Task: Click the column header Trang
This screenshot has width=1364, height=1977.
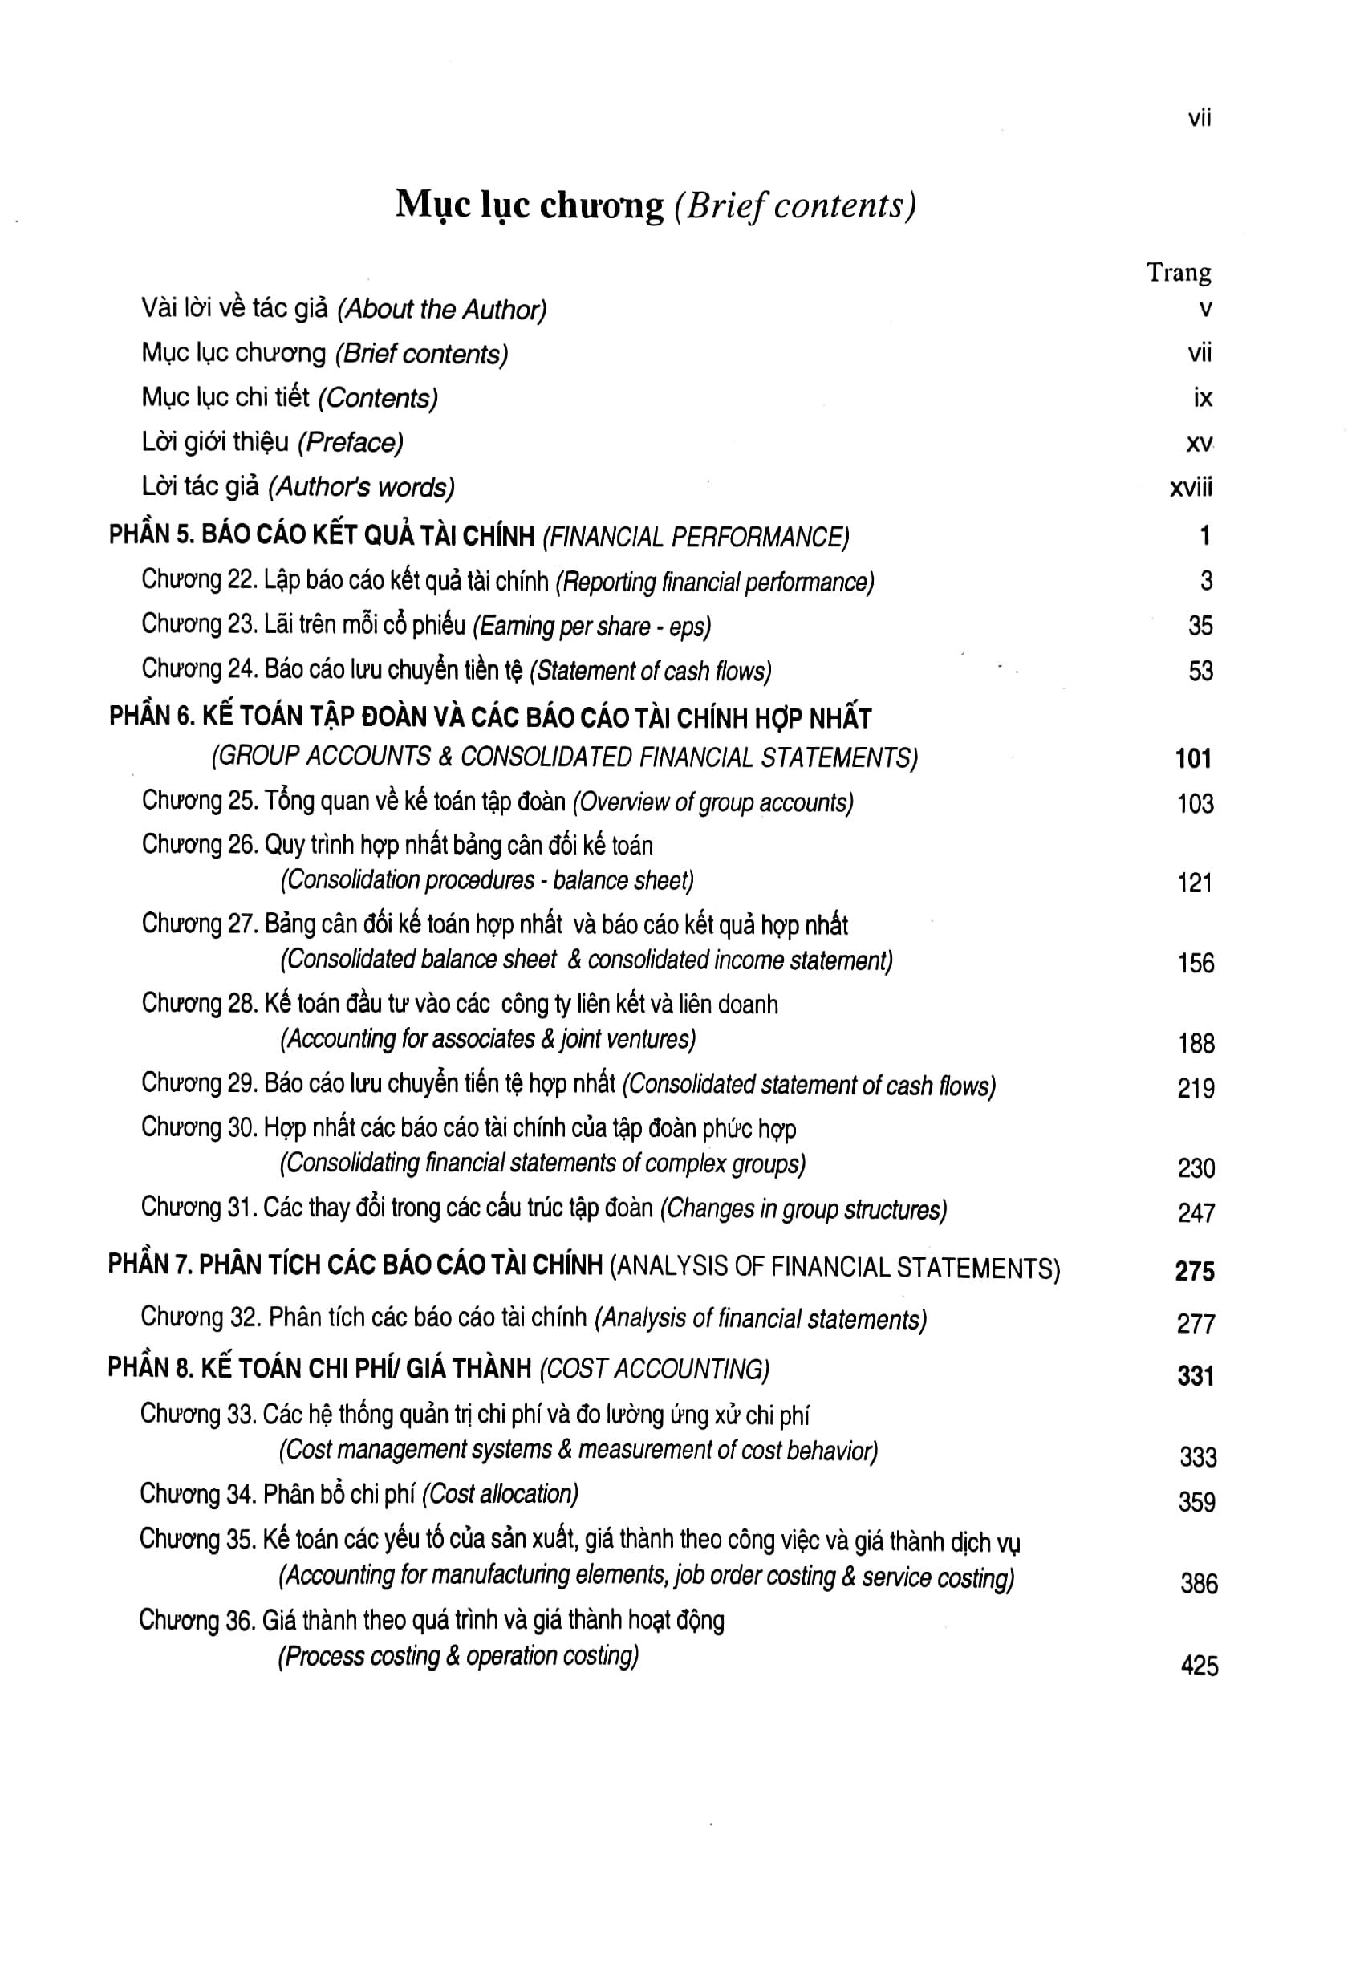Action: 1179,273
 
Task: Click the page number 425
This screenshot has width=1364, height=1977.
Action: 1199,1665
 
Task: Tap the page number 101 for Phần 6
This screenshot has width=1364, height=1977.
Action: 1193,758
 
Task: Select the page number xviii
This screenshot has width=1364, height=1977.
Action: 1191,487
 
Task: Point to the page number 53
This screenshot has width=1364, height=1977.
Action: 1200,671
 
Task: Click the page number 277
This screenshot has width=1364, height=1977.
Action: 1196,1324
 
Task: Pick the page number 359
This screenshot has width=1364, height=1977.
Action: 1196,1502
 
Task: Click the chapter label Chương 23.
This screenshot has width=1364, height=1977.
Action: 198,625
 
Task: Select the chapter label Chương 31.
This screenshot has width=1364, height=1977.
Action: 198,1208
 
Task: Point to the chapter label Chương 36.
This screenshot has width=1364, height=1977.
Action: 197,1621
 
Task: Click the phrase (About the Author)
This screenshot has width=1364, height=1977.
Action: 442,310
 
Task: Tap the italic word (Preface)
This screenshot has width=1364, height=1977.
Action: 351,443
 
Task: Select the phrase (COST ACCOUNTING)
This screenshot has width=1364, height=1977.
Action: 654,1370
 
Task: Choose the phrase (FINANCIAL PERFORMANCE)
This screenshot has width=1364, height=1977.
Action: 696,537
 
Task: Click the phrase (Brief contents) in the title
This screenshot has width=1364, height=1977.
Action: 795,206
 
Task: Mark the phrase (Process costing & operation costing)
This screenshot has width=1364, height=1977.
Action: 458,1657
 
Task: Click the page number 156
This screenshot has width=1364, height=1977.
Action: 1196,964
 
